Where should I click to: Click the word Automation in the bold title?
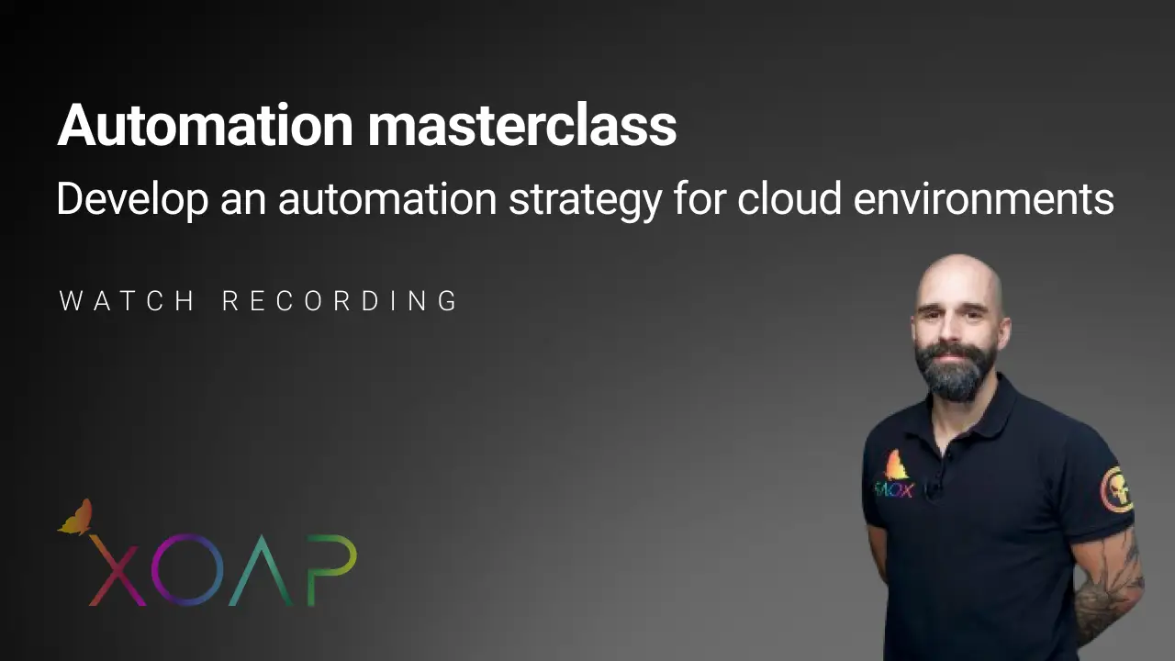[x=205, y=126]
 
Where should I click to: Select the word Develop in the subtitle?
[x=132, y=199]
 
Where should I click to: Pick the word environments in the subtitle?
[x=983, y=199]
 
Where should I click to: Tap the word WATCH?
[x=128, y=301]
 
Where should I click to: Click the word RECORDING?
[x=341, y=301]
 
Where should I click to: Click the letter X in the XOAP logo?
[x=116, y=572]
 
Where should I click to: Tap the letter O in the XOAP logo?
[x=187, y=572]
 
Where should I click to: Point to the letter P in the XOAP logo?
[x=330, y=569]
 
